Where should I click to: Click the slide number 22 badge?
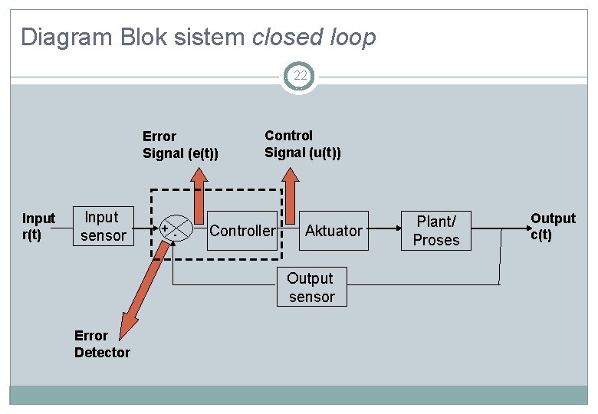pyautogui.click(x=299, y=75)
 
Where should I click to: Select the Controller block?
pyautogui.click(x=242, y=231)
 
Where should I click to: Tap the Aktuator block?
pyautogui.click(x=333, y=231)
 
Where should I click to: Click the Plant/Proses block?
pyautogui.click(x=436, y=231)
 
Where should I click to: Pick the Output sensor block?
pyautogui.click(x=311, y=287)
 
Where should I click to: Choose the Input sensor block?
pyautogui.click(x=103, y=227)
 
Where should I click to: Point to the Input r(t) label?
pyautogui.click(x=38, y=227)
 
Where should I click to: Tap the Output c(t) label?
pyautogui.click(x=553, y=227)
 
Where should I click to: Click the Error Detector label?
pyautogui.click(x=102, y=344)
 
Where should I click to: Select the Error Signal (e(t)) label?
pyautogui.click(x=180, y=145)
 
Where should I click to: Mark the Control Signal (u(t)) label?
pyautogui.click(x=303, y=144)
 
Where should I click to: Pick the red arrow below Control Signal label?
pyautogui.click(x=291, y=195)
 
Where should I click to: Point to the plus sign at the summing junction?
pyautogui.click(x=165, y=228)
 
